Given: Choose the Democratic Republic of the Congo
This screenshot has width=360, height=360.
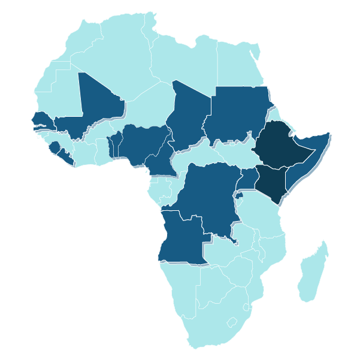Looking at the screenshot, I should [207, 195].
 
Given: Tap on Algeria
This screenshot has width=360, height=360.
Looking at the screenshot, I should [120, 60].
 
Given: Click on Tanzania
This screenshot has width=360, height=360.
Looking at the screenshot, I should [261, 213].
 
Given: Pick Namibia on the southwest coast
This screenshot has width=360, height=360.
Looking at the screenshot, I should [180, 288].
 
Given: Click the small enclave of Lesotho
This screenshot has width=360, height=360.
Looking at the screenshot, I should [232, 322].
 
